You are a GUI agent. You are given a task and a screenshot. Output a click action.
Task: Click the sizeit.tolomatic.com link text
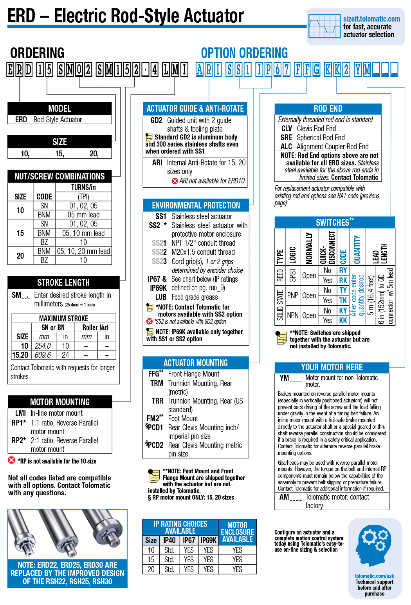click(x=371, y=19)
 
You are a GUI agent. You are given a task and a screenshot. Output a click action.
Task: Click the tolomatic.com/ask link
click(x=374, y=576)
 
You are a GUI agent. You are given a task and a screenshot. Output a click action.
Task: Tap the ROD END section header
click(x=328, y=109)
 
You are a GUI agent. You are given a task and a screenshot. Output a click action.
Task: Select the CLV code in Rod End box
click(x=287, y=129)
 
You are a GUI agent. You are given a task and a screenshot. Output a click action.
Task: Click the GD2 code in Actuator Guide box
click(x=156, y=120)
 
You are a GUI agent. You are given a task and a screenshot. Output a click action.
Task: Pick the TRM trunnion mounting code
click(x=157, y=383)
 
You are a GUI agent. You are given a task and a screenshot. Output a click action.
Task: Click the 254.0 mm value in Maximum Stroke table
click(x=43, y=346)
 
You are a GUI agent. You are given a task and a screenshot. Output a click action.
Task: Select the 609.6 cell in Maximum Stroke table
click(x=43, y=355)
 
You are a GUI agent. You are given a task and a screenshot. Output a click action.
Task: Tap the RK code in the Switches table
click(x=343, y=281)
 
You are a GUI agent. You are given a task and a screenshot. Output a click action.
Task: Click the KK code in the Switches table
click(x=343, y=321)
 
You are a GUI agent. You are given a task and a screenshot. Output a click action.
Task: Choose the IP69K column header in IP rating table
click(x=209, y=540)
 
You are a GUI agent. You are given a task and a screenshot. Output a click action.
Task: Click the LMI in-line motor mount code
click(x=20, y=413)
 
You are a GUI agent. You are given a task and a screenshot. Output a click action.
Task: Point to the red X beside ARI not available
click(x=175, y=181)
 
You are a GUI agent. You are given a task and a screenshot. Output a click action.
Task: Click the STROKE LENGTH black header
click(x=63, y=283)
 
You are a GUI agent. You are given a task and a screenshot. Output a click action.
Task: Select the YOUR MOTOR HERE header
click(x=332, y=367)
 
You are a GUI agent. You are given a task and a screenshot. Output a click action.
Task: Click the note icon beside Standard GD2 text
click(x=149, y=137)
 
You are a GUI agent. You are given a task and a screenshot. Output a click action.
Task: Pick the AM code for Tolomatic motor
click(x=284, y=497)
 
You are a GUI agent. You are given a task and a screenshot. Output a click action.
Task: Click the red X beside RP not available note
click(x=12, y=460)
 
